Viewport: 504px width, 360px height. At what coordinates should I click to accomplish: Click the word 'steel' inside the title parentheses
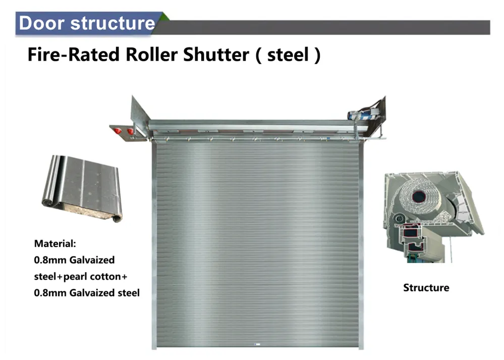[x=288, y=55]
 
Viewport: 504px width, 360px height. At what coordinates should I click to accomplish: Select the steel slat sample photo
[x=81, y=188]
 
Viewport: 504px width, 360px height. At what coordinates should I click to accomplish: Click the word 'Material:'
[x=55, y=244]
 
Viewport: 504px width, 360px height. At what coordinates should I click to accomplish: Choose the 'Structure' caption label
[x=426, y=288]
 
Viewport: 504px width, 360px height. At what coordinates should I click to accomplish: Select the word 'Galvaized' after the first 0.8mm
[x=92, y=261]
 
